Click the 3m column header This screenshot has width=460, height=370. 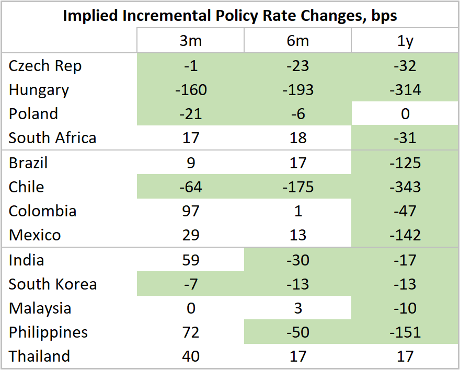tap(191, 41)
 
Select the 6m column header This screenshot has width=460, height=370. tap(298, 41)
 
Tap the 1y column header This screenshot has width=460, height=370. tap(405, 41)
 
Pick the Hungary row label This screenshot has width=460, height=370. tap(39, 90)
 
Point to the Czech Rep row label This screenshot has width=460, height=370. tap(45, 66)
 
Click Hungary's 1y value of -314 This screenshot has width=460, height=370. tap(405, 90)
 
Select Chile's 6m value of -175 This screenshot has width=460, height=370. tap(298, 187)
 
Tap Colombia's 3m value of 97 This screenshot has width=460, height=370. tap(191, 211)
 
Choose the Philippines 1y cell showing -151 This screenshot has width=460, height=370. tap(405, 332)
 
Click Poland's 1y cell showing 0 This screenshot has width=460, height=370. tap(405, 114)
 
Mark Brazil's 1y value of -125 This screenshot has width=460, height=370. tap(405, 163)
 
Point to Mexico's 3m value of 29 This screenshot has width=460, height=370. tap(191, 235)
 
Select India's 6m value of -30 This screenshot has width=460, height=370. tap(298, 260)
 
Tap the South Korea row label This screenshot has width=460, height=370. tap(52, 284)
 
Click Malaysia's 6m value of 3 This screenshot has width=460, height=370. tap(298, 308)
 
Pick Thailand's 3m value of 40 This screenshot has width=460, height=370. tap(191, 356)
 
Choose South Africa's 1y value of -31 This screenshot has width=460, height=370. tap(405, 138)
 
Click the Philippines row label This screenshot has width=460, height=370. tap(48, 332)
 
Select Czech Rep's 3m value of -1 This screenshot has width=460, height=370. tap(191, 66)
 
